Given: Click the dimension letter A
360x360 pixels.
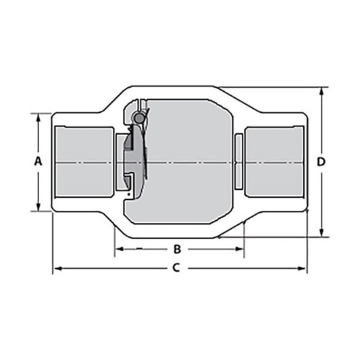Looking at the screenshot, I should point(38,161).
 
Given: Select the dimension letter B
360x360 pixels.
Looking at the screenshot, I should point(178,249).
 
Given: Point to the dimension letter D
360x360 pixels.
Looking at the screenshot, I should point(322,161).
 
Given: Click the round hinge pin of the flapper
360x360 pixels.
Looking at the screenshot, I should point(139,118).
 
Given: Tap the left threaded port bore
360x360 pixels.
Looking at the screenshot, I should point(84,162).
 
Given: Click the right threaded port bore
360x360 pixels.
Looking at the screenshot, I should point(274,162).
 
